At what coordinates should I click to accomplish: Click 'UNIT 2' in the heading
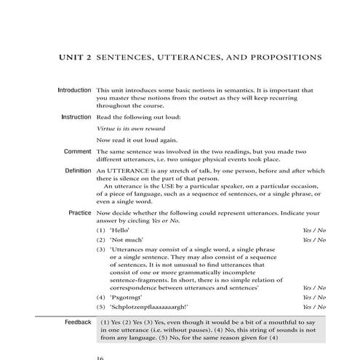pos(76,56)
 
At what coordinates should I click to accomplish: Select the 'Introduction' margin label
pos(74,90)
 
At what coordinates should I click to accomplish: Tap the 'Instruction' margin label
pos(76,116)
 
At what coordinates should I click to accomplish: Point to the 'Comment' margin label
pos(77,151)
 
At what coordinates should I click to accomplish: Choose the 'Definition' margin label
pos(77,169)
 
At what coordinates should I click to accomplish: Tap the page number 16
pos(101,357)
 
